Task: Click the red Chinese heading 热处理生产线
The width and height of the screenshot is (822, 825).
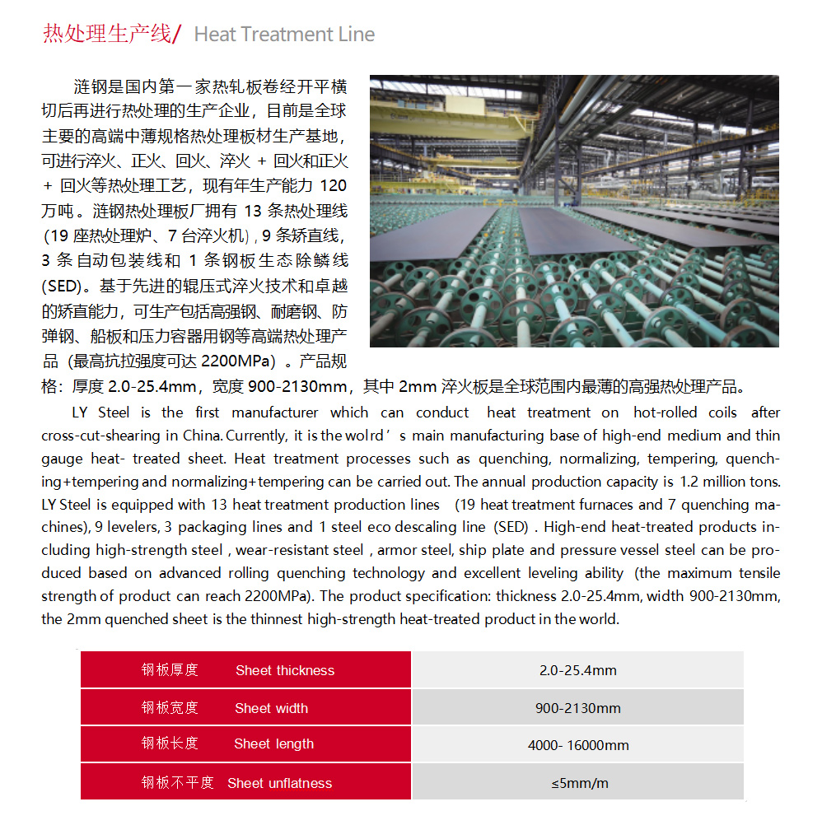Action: coord(106,34)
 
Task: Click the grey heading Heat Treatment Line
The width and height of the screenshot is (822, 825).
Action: coord(284,35)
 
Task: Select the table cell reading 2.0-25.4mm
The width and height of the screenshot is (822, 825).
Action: coord(577,670)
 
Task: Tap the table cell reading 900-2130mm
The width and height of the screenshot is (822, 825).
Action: coord(577,708)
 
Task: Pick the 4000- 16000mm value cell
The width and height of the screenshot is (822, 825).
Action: coord(577,745)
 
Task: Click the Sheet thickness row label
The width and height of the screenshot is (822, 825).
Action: coord(285,670)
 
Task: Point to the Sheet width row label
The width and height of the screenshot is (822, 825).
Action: coord(271,708)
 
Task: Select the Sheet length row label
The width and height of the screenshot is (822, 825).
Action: coord(273,744)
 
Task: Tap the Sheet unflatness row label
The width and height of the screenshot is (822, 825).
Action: coord(279,783)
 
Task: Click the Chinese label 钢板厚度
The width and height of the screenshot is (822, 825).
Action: coord(170,670)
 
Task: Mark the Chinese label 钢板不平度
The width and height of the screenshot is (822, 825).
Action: coord(177,782)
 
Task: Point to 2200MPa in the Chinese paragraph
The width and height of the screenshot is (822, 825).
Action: coord(237,361)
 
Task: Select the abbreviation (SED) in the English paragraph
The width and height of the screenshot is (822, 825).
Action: coord(511,527)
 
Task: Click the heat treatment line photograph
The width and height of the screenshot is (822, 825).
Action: coord(574,211)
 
